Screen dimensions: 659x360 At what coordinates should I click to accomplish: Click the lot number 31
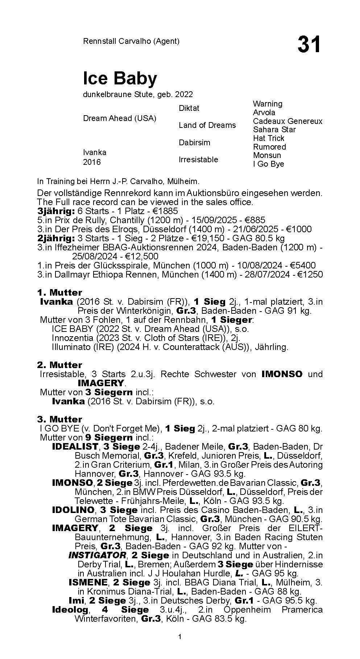click(309, 45)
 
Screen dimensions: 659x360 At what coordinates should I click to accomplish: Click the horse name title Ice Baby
click(120, 78)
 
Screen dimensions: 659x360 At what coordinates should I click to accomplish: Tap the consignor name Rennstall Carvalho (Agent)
click(131, 41)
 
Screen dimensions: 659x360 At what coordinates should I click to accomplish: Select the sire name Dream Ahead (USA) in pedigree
click(120, 118)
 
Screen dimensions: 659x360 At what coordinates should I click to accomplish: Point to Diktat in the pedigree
click(189, 108)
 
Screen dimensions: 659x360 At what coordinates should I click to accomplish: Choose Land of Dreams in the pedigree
click(207, 125)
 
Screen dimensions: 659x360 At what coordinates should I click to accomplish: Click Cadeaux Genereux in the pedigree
click(287, 121)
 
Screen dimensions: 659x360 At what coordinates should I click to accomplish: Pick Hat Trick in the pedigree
click(269, 138)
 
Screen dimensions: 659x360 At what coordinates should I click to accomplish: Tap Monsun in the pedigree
click(267, 155)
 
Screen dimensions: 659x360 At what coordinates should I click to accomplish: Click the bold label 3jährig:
click(56, 211)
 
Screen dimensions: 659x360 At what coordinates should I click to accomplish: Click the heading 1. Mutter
click(59, 292)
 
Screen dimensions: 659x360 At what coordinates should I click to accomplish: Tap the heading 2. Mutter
click(59, 365)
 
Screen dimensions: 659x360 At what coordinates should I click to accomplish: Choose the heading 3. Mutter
click(59, 419)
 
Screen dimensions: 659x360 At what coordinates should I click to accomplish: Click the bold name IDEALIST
click(75, 446)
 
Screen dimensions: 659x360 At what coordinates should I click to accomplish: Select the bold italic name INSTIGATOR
click(97, 555)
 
